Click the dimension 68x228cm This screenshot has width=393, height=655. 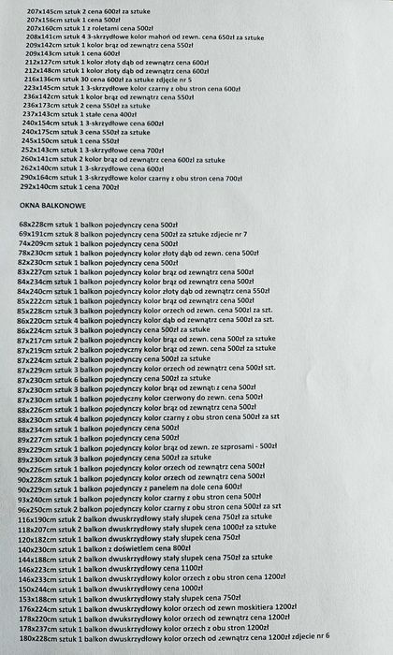click(x=37, y=225)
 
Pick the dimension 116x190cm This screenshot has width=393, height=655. click(x=40, y=517)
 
